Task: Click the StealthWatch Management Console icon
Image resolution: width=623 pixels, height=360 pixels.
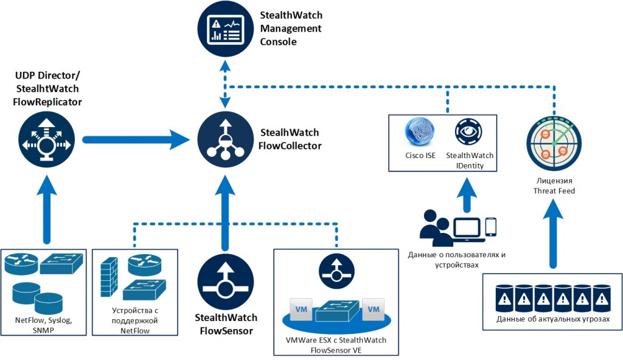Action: pyautogui.click(x=224, y=29)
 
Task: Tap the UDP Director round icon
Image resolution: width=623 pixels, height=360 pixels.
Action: pyautogui.click(x=46, y=140)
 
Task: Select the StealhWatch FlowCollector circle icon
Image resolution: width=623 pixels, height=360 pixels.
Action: pyautogui.click(x=225, y=140)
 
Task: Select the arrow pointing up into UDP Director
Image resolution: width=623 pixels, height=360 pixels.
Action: pyautogui.click(x=46, y=210)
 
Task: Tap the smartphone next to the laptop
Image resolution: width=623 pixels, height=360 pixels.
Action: pyautogui.click(x=492, y=227)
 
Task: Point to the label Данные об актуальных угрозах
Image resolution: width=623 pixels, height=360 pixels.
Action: pyautogui.click(x=552, y=319)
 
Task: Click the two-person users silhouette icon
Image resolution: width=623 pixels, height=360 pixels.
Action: pyautogui.click(x=436, y=228)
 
